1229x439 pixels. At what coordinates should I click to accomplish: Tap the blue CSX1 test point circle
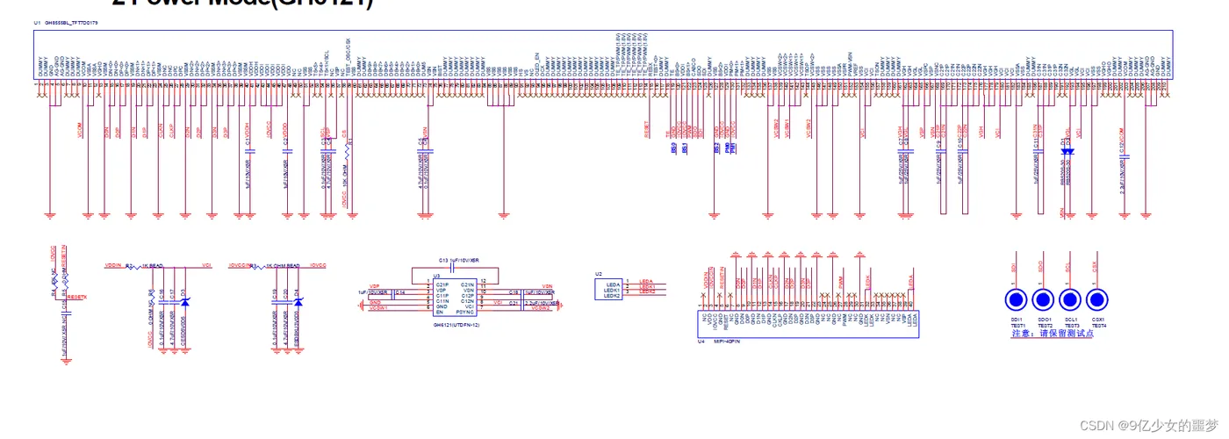click(1097, 300)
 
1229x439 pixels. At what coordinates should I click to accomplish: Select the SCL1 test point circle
click(1071, 300)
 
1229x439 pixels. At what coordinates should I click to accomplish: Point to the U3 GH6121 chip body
click(454, 299)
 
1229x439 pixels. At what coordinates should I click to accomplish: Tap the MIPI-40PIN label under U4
click(725, 341)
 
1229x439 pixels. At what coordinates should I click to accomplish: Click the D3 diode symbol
click(184, 302)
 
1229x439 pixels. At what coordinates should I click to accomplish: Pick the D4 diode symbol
click(298, 302)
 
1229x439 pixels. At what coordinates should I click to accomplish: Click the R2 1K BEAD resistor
click(131, 264)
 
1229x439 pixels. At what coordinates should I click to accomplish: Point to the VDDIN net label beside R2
click(112, 264)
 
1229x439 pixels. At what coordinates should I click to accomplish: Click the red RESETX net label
click(77, 298)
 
